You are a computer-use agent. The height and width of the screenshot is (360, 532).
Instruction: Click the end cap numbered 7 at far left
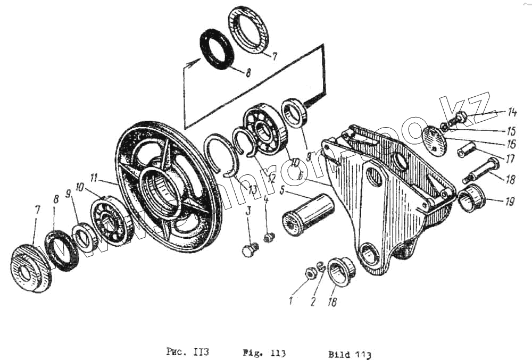coord(31,269)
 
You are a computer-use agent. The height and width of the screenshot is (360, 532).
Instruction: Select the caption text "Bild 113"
coord(348,353)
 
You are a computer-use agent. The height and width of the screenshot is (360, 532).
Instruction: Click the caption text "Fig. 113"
coord(264,353)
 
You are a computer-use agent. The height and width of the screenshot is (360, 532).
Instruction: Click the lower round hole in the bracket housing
coord(367,250)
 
